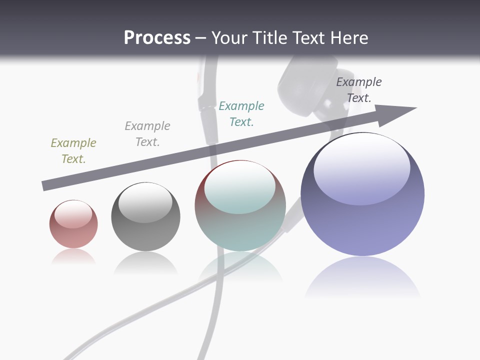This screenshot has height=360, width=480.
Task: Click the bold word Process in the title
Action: tap(157, 38)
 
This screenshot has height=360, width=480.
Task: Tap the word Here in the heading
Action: tap(349, 38)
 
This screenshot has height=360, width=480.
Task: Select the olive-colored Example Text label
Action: tap(73, 151)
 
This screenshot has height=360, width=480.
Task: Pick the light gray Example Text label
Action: tap(147, 134)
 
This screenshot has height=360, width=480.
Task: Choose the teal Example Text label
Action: tap(241, 114)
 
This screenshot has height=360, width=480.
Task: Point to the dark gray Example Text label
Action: tap(359, 90)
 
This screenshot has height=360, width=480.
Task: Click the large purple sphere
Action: tap(362, 225)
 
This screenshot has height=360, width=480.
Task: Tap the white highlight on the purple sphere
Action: tap(361, 165)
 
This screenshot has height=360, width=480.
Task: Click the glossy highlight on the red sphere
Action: tap(73, 214)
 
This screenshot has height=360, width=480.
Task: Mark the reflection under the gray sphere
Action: tap(145, 262)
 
